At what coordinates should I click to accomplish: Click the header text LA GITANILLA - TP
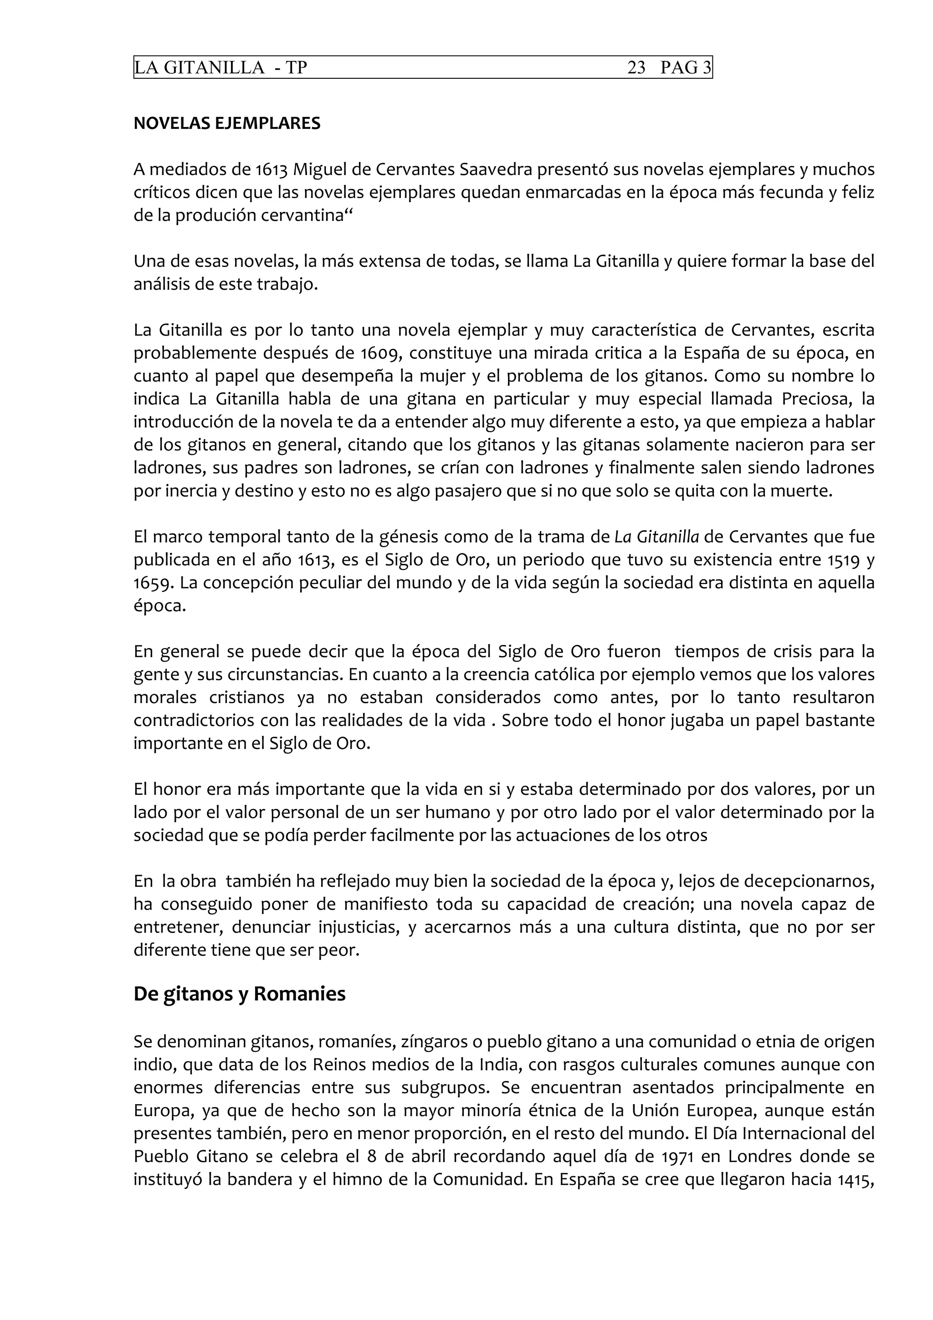coord(221,68)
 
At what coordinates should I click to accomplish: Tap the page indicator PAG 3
coord(685,68)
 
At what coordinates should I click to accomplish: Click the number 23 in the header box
coord(636,68)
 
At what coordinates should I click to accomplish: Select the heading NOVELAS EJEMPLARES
coord(226,123)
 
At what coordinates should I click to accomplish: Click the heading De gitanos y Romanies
coord(239,994)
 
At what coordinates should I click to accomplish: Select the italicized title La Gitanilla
coord(656,537)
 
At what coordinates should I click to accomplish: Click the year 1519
coord(843,560)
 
